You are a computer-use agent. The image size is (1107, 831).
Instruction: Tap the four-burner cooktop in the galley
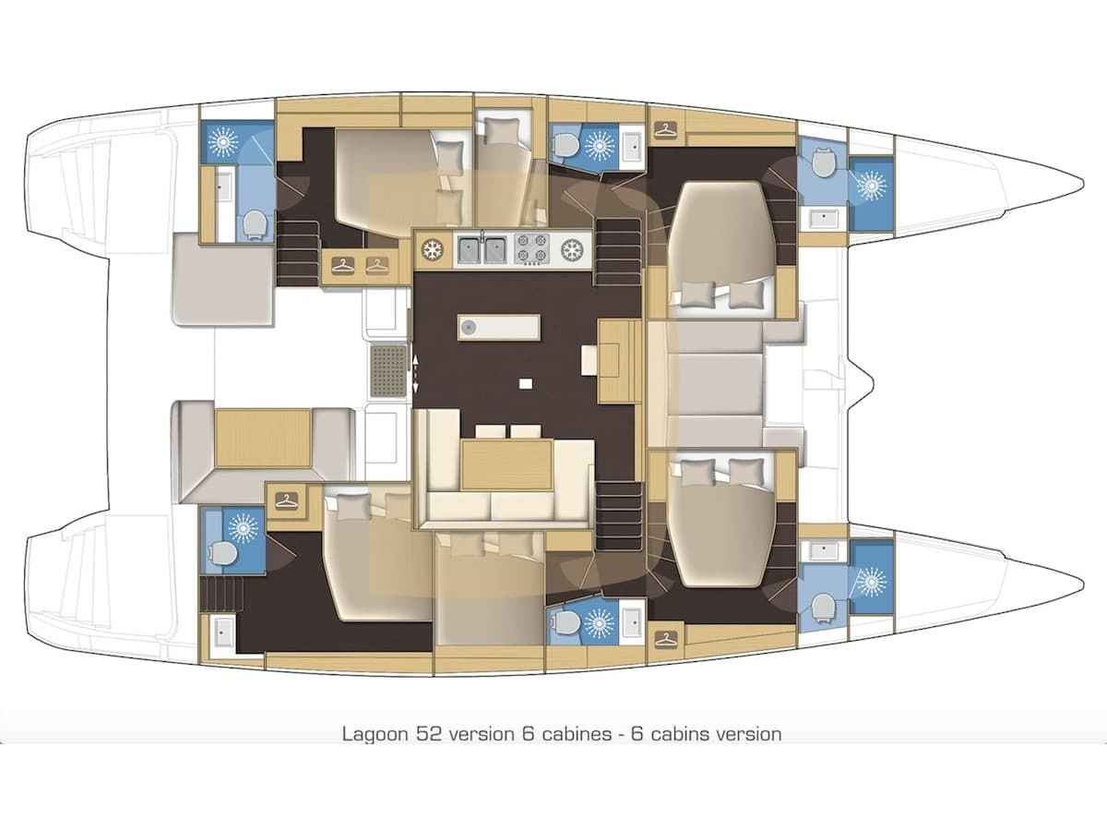534,249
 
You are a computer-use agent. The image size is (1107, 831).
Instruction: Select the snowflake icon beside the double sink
431,249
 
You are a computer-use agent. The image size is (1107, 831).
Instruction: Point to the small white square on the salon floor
526,383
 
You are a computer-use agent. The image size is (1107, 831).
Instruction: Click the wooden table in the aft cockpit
263,439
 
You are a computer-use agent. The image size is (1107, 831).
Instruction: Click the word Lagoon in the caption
372,734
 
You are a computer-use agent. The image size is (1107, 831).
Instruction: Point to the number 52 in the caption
421,734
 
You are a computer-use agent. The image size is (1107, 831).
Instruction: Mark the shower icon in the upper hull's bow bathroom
871,184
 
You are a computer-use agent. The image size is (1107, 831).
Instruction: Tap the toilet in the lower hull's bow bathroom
822,606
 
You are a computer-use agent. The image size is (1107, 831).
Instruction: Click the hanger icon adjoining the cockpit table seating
287,500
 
